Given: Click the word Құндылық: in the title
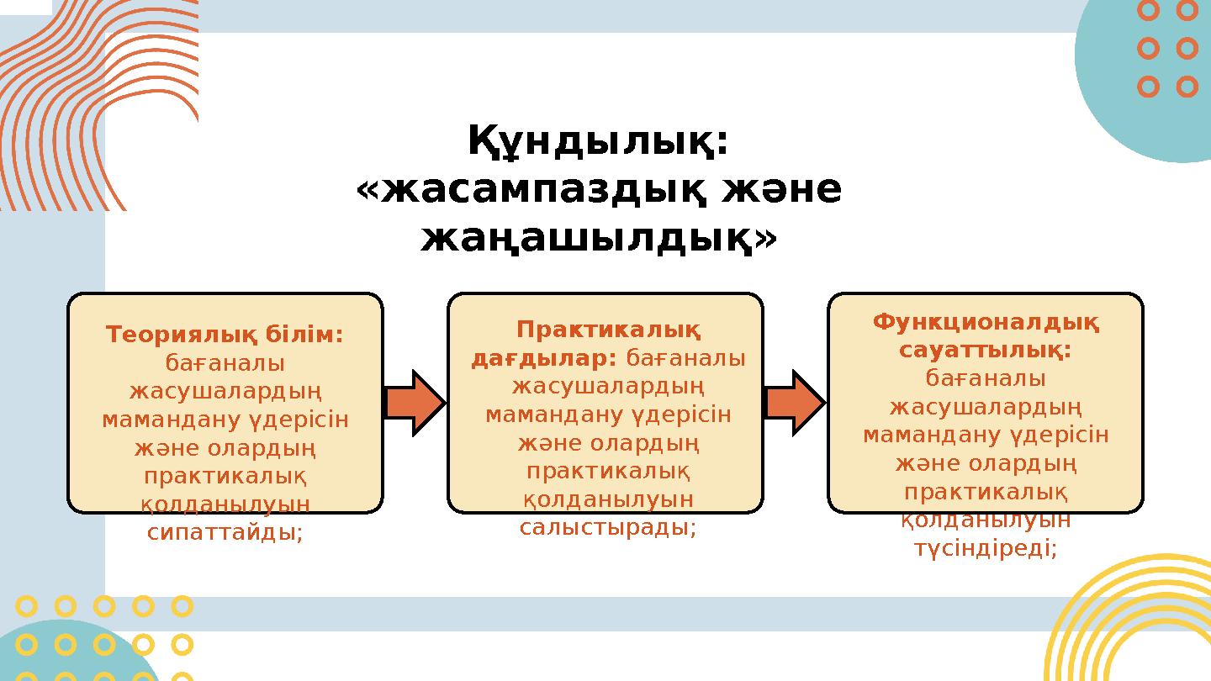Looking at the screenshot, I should [x=598, y=142].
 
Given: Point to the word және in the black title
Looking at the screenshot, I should [x=780, y=191].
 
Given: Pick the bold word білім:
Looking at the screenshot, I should [x=304, y=335].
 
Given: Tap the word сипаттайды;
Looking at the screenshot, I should [x=225, y=532].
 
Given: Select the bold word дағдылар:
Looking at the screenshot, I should [x=545, y=359].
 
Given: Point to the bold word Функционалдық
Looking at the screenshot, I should [x=986, y=322].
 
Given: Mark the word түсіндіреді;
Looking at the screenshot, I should [x=986, y=548].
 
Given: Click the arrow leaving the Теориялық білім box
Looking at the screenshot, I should [x=415, y=403].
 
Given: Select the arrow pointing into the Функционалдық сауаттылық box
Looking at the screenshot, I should [x=795, y=403].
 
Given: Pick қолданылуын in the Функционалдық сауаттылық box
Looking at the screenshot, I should [x=986, y=520].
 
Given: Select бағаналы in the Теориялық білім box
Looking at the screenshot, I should [x=225, y=363].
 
